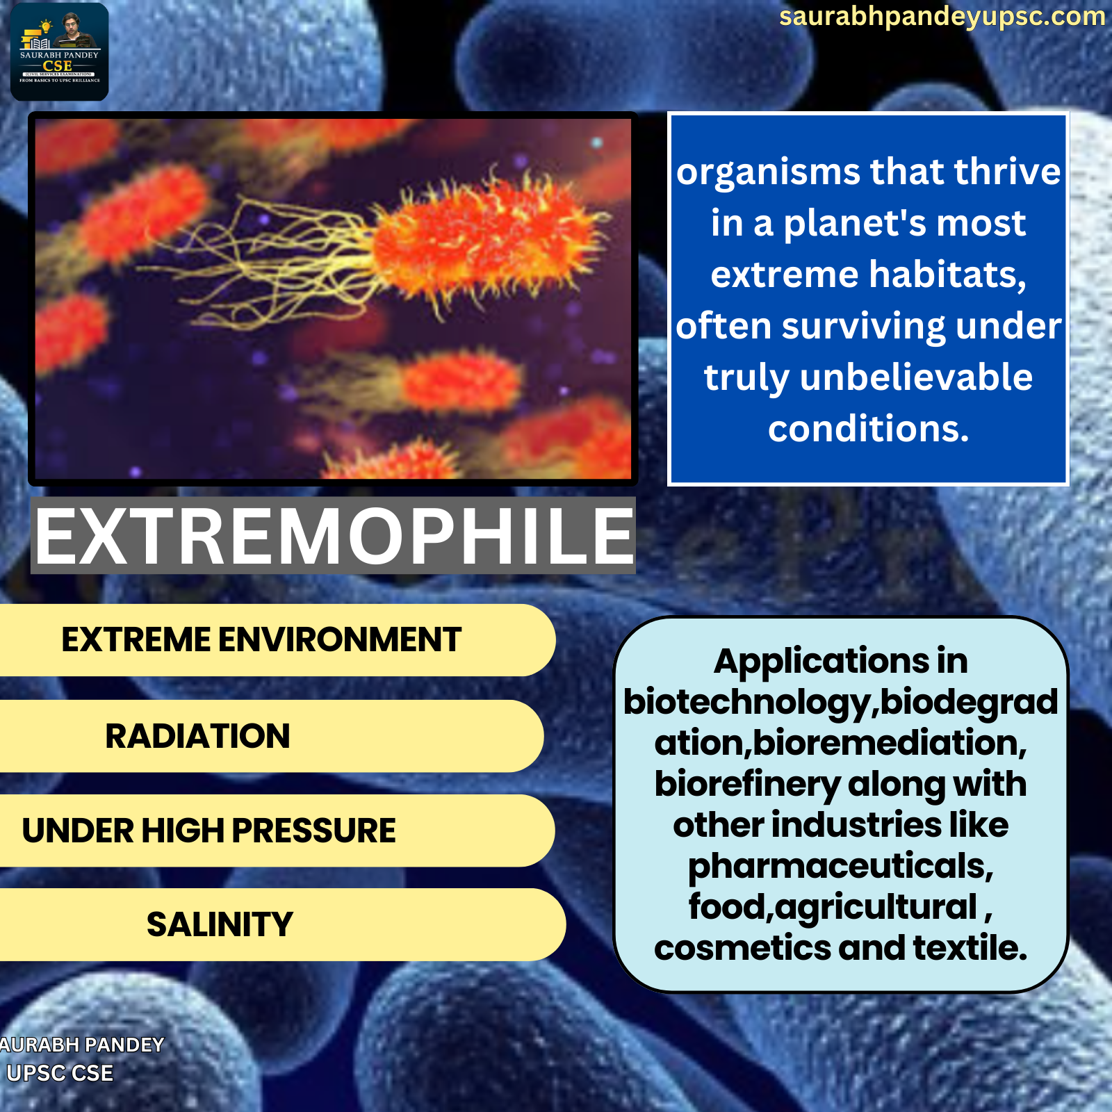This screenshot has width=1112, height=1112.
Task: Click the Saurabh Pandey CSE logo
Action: (60, 52)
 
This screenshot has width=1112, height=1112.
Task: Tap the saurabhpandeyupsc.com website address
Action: (942, 17)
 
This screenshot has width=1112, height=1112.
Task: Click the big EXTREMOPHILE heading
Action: (334, 535)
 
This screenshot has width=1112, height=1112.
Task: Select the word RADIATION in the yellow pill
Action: (197, 736)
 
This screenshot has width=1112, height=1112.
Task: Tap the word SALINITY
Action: (220, 924)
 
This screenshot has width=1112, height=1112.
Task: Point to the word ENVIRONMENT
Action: (340, 639)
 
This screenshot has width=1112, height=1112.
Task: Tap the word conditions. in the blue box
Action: (869, 429)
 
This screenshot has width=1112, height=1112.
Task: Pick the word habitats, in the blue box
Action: (947, 275)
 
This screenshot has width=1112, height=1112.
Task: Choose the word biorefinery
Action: (747, 785)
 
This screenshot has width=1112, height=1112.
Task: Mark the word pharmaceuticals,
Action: (841, 867)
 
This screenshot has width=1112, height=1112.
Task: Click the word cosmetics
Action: (742, 948)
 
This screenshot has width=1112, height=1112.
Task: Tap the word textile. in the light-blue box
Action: (970, 948)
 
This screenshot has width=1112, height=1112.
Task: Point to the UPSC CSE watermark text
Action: (60, 1073)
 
